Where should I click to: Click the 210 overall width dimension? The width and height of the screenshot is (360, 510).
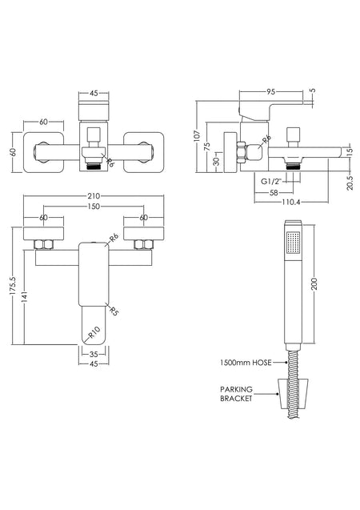94,196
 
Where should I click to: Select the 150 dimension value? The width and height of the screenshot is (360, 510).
94,207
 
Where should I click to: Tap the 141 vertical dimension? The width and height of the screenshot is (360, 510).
25,296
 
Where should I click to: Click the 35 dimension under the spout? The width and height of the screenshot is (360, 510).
94,354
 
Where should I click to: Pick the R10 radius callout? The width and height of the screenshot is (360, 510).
94,333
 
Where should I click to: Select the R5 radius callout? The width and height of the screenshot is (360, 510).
114,311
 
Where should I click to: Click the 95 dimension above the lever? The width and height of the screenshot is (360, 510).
270,92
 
